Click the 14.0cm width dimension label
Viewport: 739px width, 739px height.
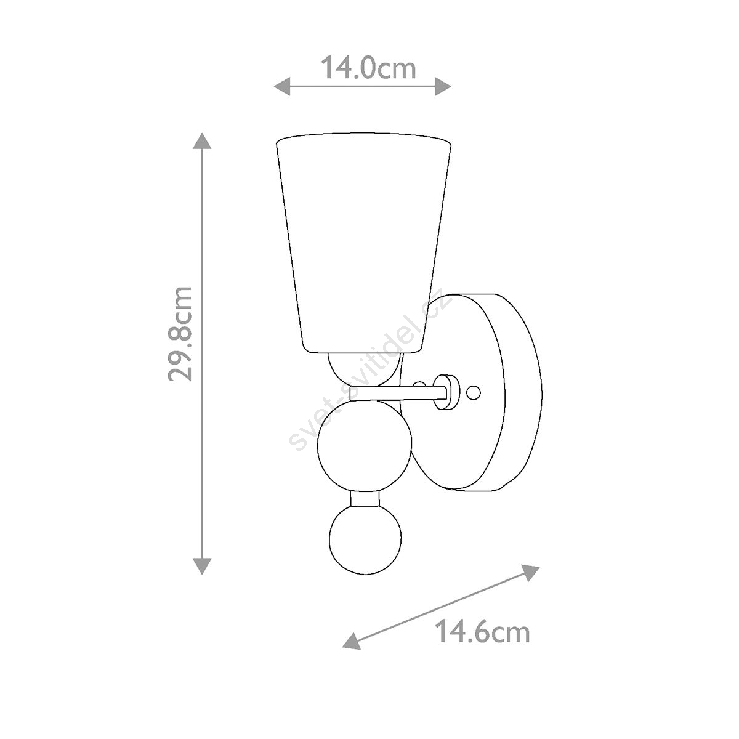368,68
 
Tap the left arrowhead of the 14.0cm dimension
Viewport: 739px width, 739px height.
282,87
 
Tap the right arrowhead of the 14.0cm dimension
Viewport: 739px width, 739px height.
443,87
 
